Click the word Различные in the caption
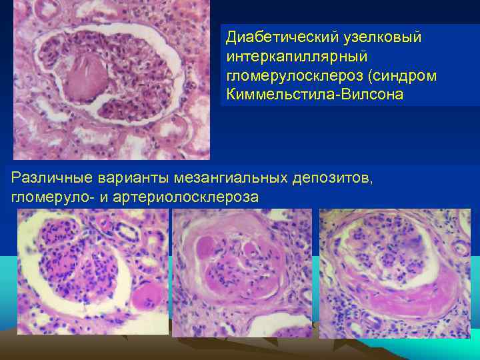(52, 178)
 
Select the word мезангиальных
(231, 178)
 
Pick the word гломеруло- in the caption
(49, 197)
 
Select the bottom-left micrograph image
(93, 271)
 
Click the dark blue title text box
(349, 65)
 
